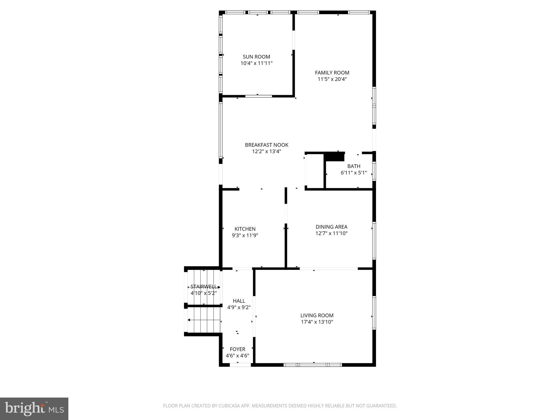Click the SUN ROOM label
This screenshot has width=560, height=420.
tap(256, 57)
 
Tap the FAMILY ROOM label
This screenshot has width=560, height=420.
tap(332, 73)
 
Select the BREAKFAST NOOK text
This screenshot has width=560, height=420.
tap(266, 145)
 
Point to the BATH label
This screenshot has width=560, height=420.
tap(354, 166)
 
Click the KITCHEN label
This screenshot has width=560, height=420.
tap(245, 229)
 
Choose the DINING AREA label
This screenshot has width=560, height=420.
tap(331, 227)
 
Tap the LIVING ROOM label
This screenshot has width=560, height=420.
tap(317, 316)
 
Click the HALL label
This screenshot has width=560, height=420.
tap(239, 301)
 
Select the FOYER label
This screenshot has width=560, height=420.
tap(237, 349)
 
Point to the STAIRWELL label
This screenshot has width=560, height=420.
tap(204, 287)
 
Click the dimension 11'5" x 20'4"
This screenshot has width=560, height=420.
tap(332, 79)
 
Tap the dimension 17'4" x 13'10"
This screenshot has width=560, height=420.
tap(317, 322)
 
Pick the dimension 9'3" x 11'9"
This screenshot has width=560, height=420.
tap(245, 235)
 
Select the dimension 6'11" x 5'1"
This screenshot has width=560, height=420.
tap(354, 173)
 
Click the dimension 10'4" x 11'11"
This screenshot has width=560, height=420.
tap(256, 63)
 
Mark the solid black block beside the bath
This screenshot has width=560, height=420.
tap(334, 157)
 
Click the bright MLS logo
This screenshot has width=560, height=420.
tap(34, 409)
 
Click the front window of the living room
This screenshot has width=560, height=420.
tap(313, 365)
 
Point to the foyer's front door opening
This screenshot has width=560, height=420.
tap(240, 365)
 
